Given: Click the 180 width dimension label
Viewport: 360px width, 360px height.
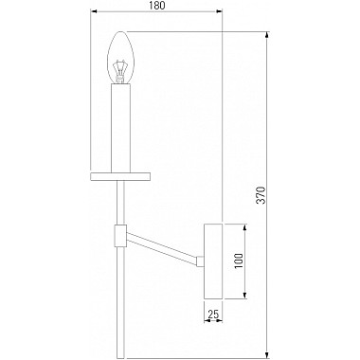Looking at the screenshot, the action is click(x=156, y=6).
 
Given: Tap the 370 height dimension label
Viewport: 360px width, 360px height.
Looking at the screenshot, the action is click(x=261, y=195).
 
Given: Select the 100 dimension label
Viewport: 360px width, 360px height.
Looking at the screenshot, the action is click(x=239, y=261).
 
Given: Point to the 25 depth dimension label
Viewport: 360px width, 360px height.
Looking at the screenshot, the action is click(x=213, y=314).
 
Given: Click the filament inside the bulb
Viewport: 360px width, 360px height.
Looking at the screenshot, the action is click(x=120, y=71).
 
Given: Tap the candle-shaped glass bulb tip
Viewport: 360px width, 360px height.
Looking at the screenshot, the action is click(x=120, y=31).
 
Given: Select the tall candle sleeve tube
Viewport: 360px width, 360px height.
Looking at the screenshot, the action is click(x=120, y=129).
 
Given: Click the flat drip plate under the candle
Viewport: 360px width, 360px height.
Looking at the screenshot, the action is click(x=120, y=177).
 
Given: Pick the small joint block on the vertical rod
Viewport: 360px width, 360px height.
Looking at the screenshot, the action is click(x=120, y=235).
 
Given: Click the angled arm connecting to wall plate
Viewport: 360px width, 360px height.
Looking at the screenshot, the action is click(x=162, y=247).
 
